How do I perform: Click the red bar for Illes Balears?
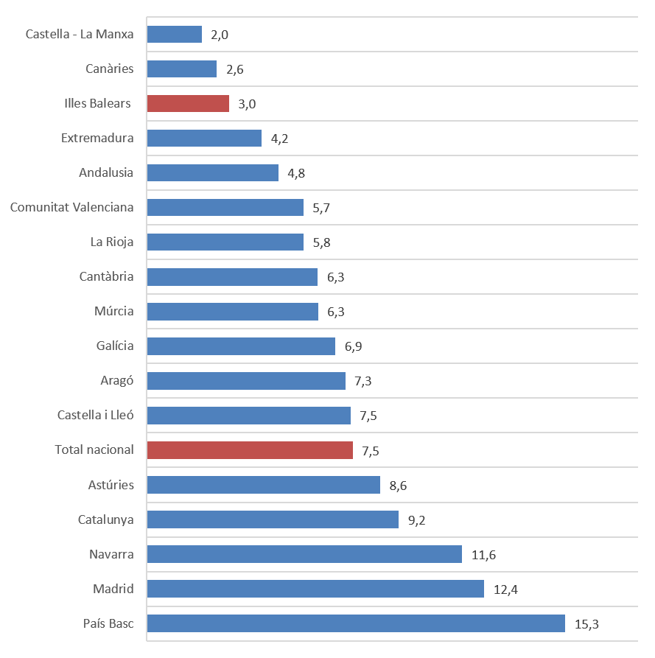tap(188, 103)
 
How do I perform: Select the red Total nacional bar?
tap(250, 450)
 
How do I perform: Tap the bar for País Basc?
tap(356, 623)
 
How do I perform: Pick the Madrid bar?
tap(315, 589)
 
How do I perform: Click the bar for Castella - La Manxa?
tap(175, 35)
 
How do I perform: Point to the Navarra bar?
tap(304, 554)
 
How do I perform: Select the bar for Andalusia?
tap(213, 172)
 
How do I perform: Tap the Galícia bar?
tap(241, 346)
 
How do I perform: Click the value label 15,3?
tap(586, 624)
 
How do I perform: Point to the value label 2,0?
tap(220, 35)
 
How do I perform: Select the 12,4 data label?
tap(505, 589)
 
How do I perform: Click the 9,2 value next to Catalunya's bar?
tap(416, 520)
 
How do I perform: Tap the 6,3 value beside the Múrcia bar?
tap(335, 312)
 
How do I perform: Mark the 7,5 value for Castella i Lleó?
tap(368, 416)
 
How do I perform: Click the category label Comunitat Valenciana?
tap(72, 207)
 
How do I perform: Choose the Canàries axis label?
tap(110, 69)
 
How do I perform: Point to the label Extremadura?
tap(97, 138)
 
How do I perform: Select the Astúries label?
tap(111, 484)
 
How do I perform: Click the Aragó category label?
tap(117, 380)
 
